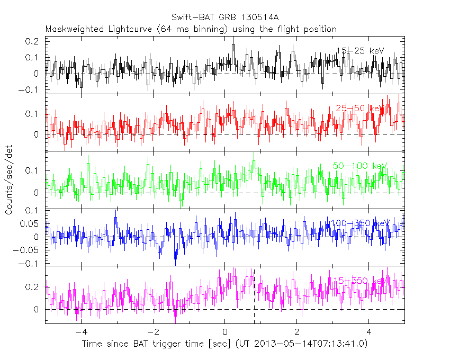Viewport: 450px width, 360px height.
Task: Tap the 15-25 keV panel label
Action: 359,51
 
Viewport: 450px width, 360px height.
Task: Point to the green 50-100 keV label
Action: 357,166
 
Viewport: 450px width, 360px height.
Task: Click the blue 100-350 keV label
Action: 358,223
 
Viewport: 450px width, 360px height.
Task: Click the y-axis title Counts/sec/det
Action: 9,181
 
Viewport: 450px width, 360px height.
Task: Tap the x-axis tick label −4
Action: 80,332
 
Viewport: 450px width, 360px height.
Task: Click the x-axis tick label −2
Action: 152,332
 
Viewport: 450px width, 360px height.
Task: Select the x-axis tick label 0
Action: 225,332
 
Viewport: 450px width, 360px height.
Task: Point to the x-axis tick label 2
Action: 297,332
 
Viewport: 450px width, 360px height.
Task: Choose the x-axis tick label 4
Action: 369,332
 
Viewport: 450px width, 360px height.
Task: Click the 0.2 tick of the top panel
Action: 34,41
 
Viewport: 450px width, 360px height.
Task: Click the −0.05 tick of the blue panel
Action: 30,250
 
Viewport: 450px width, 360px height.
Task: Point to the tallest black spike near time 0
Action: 233,46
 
